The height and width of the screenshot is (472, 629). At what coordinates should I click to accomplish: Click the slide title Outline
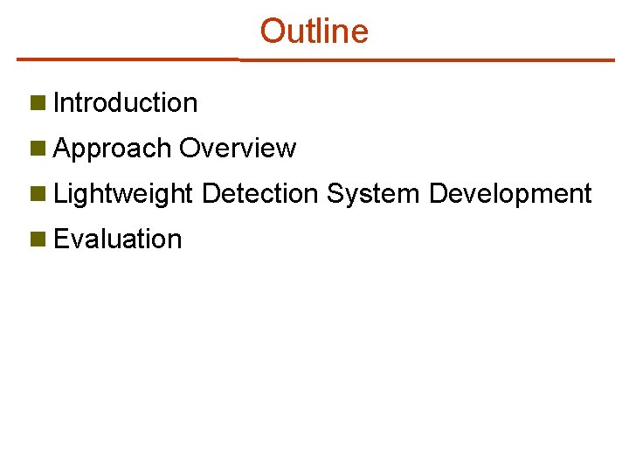tap(314, 31)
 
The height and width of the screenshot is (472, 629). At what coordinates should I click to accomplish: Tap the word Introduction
tap(125, 103)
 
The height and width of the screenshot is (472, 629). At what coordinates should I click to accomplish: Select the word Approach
tap(112, 149)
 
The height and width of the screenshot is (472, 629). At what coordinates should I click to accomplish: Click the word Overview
tap(238, 149)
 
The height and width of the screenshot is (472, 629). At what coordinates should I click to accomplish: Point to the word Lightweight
tap(123, 194)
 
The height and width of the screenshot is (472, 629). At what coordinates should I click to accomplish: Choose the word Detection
tap(259, 194)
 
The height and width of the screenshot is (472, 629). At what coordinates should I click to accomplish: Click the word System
tap(374, 194)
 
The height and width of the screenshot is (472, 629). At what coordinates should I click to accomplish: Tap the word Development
tap(510, 194)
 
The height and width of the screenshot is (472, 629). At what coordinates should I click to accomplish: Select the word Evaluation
tap(117, 239)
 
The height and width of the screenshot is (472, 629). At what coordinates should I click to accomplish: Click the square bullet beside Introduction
tap(37, 103)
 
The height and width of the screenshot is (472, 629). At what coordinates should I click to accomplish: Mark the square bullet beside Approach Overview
tap(37, 149)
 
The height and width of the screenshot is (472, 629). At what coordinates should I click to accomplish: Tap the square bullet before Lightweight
tap(37, 194)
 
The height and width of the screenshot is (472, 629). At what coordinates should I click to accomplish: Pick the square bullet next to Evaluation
tap(37, 239)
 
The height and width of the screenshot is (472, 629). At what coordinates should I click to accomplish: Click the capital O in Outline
tap(272, 31)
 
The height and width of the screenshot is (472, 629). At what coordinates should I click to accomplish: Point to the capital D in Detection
tap(210, 194)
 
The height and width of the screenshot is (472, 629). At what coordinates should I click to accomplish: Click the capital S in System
tap(335, 194)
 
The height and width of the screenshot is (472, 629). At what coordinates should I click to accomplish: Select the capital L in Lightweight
tap(59, 194)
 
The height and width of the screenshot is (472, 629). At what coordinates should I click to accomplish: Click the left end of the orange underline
tap(19, 59)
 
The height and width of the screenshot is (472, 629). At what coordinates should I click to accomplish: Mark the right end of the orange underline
tap(612, 60)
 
